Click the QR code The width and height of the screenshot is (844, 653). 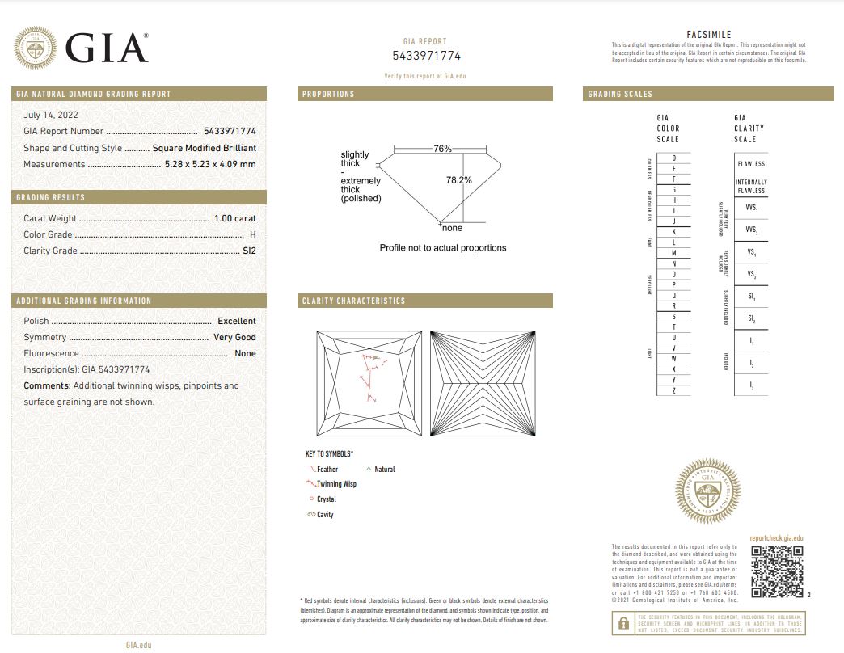(777, 571)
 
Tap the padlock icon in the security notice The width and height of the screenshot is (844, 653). (623, 623)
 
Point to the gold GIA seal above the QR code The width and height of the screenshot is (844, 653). (707, 491)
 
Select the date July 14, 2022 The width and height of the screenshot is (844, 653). (51, 115)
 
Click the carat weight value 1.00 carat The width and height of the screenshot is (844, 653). (234, 218)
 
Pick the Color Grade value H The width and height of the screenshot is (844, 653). (253, 234)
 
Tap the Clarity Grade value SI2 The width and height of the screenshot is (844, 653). (249, 251)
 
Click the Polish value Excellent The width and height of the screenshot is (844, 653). (236, 321)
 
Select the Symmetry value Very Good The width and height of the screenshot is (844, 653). (234, 337)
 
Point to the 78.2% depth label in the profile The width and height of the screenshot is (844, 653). (459, 180)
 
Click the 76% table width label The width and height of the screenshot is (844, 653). (442, 149)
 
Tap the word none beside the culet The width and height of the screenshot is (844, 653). (453, 228)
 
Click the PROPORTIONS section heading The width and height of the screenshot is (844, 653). (328, 95)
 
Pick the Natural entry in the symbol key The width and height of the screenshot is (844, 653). (384, 470)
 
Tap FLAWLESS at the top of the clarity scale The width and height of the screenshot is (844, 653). (751, 164)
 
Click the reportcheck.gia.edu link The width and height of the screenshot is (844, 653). (776, 538)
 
